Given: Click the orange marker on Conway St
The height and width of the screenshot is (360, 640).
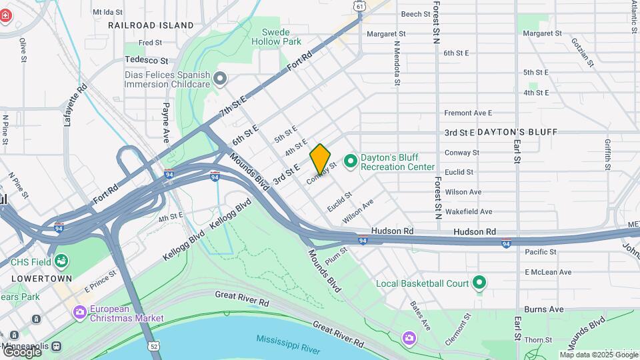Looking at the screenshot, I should click(x=320, y=159).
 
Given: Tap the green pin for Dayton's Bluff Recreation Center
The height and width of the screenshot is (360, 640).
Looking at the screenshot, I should click(x=350, y=161).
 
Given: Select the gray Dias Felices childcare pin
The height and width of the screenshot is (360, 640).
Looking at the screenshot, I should click(x=221, y=80).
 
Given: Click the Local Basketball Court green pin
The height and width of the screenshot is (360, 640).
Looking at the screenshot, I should click(x=479, y=283).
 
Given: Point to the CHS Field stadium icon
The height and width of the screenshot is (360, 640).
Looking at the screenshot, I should click(x=61, y=261).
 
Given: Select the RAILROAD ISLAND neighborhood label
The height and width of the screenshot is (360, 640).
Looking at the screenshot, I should click(x=151, y=25).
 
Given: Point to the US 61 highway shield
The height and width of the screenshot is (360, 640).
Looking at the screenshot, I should click(x=360, y=5).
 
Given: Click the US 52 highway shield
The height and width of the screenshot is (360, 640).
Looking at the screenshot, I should click(x=155, y=346).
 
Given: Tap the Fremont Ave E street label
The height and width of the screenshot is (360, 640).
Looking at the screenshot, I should click(x=467, y=113).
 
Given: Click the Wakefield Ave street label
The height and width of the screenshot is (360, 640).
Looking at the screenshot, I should click(x=468, y=211).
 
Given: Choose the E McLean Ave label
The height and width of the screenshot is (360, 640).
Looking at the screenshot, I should click(x=548, y=272).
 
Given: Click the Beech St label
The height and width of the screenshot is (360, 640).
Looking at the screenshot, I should click(x=415, y=14).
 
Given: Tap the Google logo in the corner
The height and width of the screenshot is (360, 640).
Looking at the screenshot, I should click(x=21, y=351).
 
